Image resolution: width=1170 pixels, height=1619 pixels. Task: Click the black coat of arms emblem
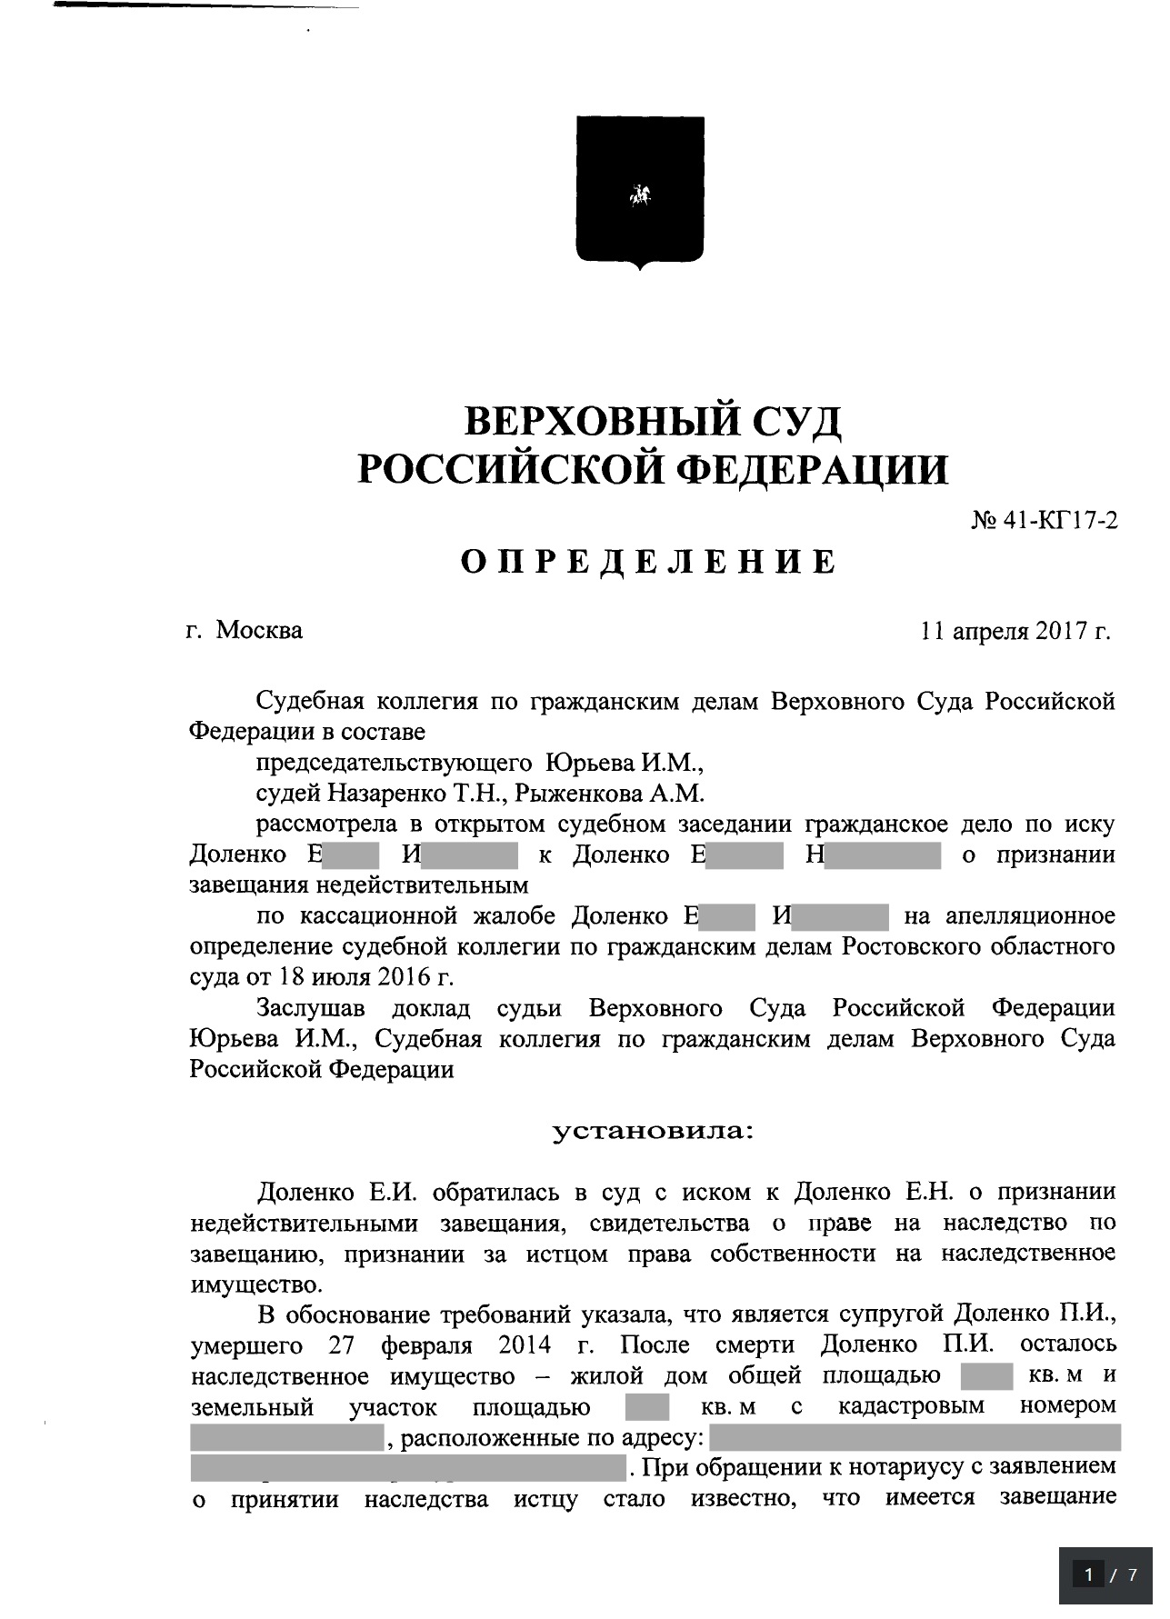click(x=640, y=192)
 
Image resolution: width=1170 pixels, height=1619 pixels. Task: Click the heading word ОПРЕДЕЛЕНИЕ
click(x=648, y=562)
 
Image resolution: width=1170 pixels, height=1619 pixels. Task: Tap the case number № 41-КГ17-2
click(x=1045, y=521)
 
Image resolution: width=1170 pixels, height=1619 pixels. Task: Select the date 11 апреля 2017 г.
click(x=1015, y=630)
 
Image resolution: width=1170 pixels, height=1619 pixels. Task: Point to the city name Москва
click(x=259, y=630)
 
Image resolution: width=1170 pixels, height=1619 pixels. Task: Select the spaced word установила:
click(x=654, y=1132)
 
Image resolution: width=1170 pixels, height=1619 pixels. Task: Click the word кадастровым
click(x=911, y=1406)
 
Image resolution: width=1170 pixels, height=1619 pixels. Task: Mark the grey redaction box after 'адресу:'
click(x=914, y=1438)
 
